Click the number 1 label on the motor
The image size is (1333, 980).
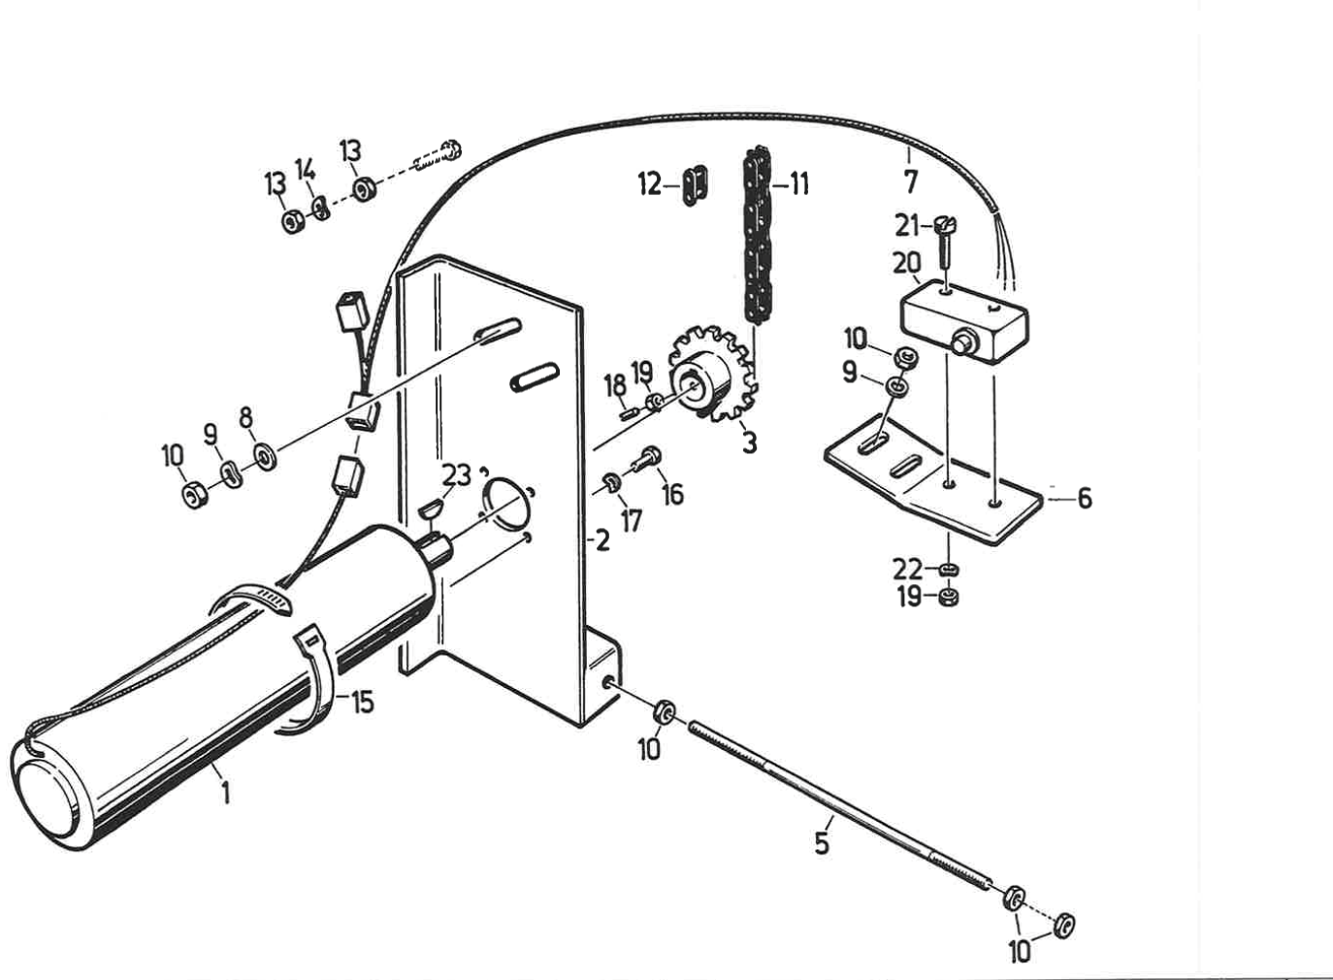click(x=225, y=793)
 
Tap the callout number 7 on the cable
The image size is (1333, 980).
click(x=910, y=181)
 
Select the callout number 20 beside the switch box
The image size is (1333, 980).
click(x=906, y=263)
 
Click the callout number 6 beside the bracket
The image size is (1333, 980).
click(x=1084, y=498)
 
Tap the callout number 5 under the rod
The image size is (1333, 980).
click(x=822, y=842)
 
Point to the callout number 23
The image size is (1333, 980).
click(x=456, y=474)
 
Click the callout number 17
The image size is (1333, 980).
click(x=632, y=521)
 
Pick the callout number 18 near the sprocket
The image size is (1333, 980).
click(x=615, y=385)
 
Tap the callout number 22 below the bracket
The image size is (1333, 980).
click(x=907, y=568)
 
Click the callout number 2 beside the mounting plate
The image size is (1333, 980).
click(x=602, y=540)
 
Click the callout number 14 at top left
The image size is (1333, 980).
click(x=306, y=170)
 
